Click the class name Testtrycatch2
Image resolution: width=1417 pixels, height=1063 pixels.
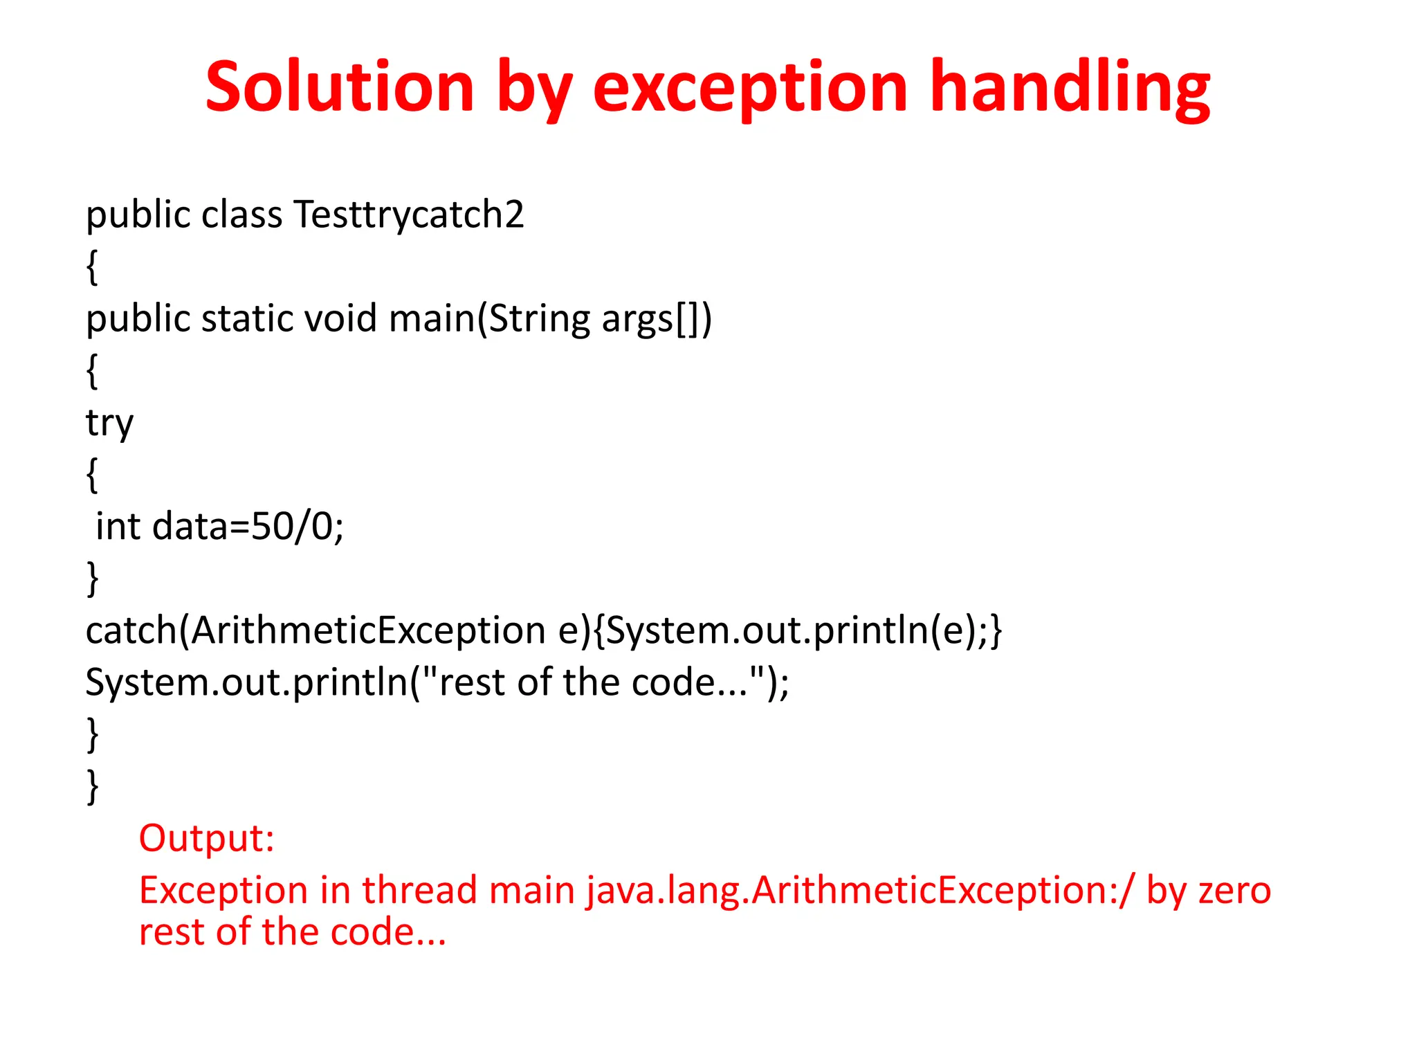(x=408, y=215)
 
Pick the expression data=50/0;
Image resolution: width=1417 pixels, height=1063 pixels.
(x=248, y=527)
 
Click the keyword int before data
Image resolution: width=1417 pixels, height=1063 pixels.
(x=118, y=527)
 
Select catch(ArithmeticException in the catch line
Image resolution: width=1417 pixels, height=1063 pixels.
(x=316, y=631)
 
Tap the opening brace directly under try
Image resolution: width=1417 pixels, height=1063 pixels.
(x=92, y=475)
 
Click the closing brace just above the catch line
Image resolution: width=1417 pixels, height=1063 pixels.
(x=92, y=579)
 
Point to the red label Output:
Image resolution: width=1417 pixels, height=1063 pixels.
(x=206, y=839)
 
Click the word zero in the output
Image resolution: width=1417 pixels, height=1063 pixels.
(x=1234, y=891)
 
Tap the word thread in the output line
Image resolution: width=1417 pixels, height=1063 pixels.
(x=419, y=891)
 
